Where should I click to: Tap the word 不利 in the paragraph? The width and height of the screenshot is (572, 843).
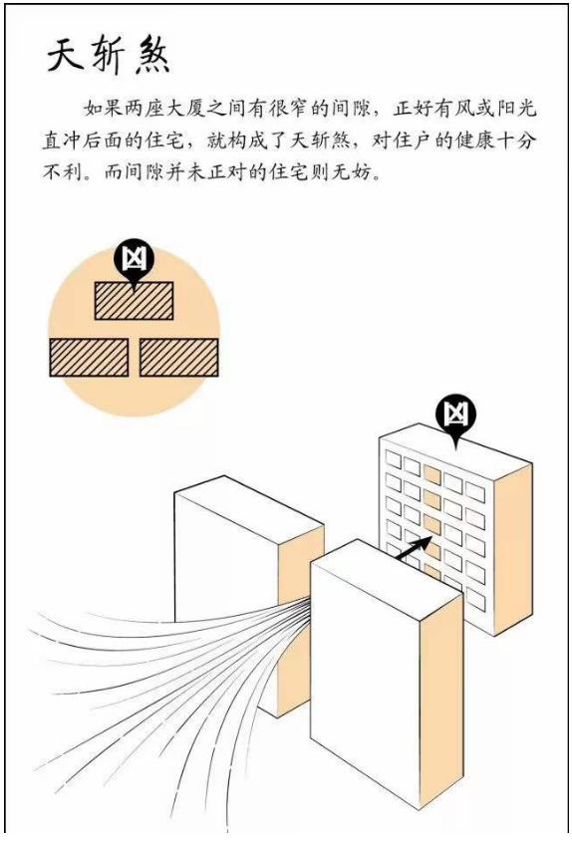(x=62, y=173)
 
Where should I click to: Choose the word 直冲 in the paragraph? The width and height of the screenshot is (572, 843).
(x=62, y=140)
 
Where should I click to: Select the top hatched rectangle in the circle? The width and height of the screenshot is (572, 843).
(x=134, y=301)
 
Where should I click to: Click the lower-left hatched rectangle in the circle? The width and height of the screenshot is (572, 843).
(x=89, y=357)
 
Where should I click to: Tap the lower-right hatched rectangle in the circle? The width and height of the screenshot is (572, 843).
(x=179, y=357)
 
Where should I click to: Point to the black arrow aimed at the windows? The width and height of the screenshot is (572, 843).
(x=414, y=549)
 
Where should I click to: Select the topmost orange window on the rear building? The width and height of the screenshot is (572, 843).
(x=431, y=473)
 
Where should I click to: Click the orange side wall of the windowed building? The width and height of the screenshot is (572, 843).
(x=513, y=548)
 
